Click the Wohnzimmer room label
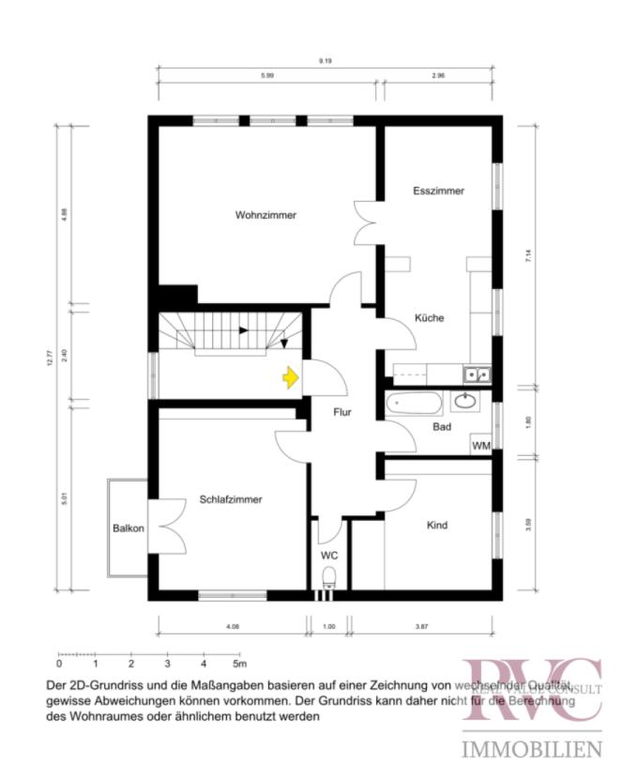(265, 215)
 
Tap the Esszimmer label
(438, 191)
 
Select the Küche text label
(429, 318)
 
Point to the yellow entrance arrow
(291, 377)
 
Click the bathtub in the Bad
(414, 405)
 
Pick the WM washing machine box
(480, 445)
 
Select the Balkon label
(128, 528)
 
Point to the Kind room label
(436, 526)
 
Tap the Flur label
(343, 411)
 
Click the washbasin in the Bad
(465, 402)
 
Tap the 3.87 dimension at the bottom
(420, 625)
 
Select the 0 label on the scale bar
(59, 664)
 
